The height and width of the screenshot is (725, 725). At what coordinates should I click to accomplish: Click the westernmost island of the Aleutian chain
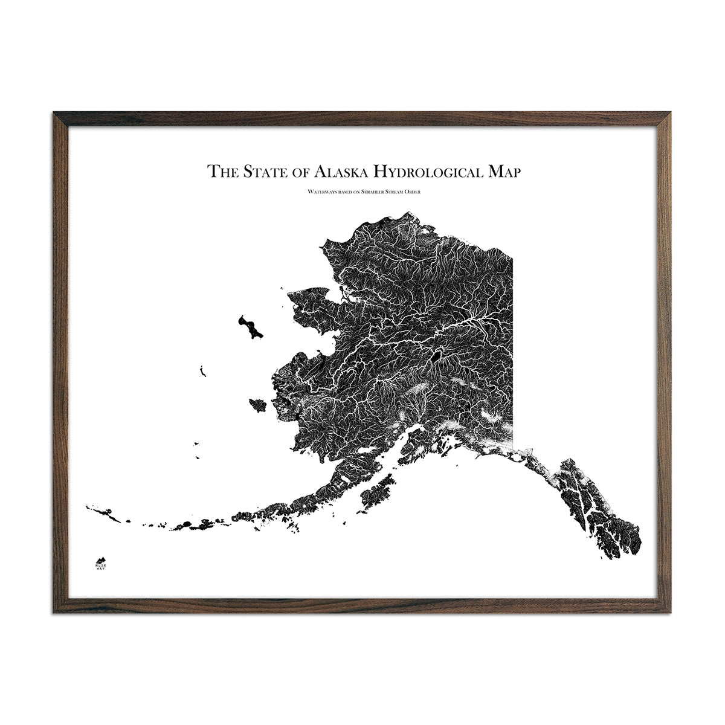pos(89,507)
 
